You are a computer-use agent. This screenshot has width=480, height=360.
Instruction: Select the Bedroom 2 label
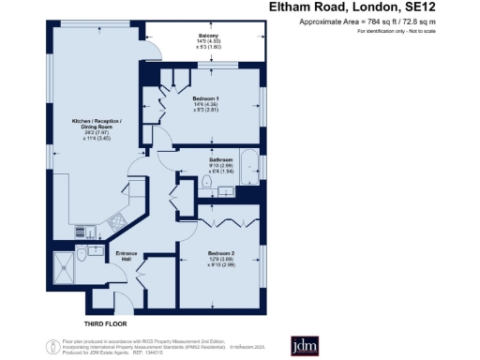coord(221,253)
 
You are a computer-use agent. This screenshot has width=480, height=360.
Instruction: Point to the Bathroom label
coord(220,160)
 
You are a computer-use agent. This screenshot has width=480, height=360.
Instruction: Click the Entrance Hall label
coord(127,257)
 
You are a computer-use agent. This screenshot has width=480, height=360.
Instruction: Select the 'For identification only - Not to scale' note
coord(411,32)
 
